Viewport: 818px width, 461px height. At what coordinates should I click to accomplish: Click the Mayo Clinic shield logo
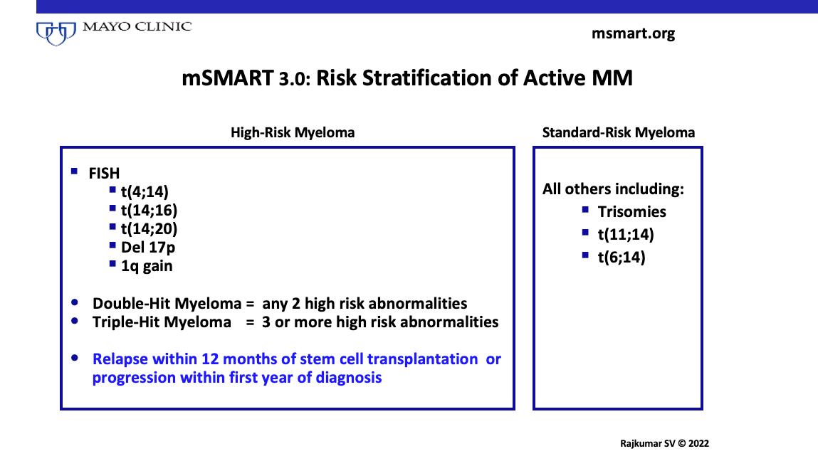56,33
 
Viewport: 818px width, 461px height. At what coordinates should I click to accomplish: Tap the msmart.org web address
633,33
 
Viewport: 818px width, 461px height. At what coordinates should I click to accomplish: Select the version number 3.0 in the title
294,79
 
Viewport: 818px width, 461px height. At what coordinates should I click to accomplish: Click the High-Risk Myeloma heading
293,132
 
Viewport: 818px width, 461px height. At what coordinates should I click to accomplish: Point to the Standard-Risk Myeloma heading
618,132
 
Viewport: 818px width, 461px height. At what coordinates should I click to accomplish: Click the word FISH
104,173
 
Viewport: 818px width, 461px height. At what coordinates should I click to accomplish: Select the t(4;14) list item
145,192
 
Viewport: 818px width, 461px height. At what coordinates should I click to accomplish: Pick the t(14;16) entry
150,210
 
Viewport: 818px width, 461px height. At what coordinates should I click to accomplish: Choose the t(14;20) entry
150,229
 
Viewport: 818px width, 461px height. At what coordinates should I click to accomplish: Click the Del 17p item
148,247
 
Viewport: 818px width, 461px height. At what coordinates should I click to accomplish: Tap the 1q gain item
147,266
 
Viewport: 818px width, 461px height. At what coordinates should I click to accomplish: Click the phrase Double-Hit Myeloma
167,304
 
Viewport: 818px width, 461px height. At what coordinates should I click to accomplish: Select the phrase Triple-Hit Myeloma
162,322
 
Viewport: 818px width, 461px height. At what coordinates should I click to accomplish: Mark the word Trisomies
631,212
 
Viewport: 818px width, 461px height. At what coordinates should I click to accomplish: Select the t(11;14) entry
626,235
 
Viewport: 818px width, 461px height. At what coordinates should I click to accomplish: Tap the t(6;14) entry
622,258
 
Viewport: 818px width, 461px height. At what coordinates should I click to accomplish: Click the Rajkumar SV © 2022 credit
664,444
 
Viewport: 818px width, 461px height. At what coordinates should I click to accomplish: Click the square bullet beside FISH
74,171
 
